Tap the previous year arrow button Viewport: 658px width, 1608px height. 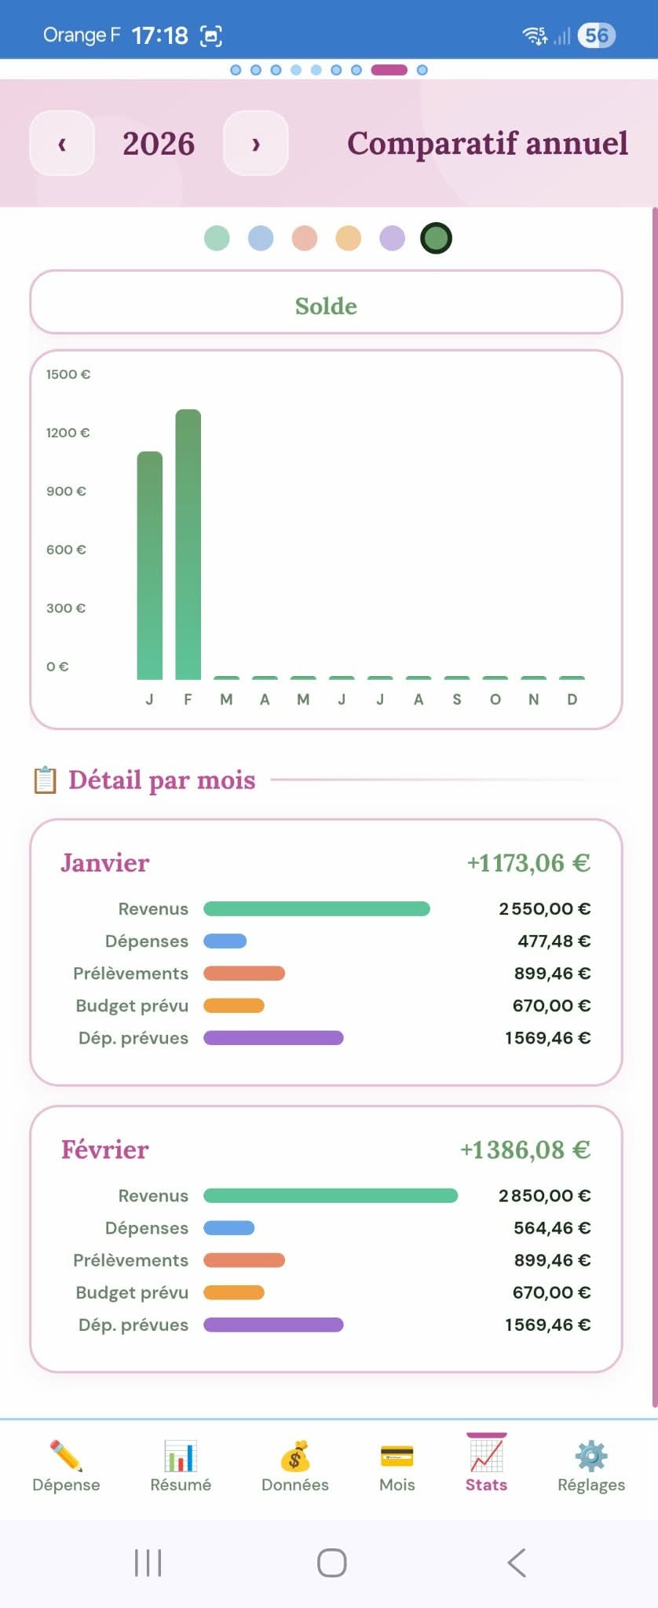point(62,144)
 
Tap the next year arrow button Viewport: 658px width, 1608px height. point(256,144)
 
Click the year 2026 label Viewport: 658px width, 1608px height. point(159,144)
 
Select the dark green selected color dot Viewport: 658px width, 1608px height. point(436,238)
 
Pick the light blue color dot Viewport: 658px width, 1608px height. point(261,238)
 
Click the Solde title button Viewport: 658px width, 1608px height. point(326,305)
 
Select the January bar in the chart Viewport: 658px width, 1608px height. point(150,565)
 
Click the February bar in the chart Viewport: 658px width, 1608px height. point(188,544)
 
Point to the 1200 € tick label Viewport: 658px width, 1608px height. point(68,433)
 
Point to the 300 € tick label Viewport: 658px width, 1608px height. point(66,608)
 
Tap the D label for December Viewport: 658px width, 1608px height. point(572,700)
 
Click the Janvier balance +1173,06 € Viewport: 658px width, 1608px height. point(528,863)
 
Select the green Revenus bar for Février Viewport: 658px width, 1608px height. point(331,1196)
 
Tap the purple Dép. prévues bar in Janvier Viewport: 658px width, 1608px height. point(273,1038)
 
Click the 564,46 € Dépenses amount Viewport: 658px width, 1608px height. point(552,1228)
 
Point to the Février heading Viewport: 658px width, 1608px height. point(105,1149)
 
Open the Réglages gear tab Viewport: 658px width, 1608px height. point(591,1465)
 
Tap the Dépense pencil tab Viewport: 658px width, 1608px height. point(66,1465)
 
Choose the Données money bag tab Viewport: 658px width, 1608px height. point(295,1465)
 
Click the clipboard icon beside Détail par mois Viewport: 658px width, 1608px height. point(45,780)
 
